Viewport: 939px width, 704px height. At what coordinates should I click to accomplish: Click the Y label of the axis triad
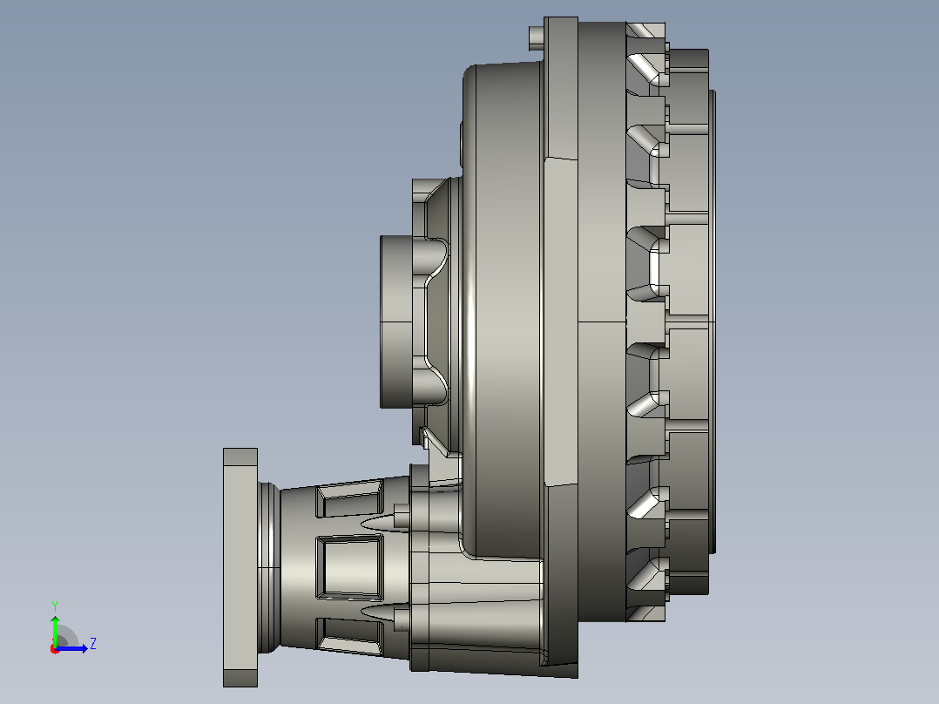pos(55,606)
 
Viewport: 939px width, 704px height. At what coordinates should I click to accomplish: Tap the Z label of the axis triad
pos(93,644)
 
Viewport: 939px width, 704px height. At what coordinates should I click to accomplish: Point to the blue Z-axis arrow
pos(71,648)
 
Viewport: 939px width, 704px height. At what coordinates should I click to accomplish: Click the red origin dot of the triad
pos(55,649)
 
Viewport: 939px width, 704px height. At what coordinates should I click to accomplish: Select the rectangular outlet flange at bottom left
pos(240,567)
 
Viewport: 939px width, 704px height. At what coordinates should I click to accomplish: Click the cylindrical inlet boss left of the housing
pos(396,322)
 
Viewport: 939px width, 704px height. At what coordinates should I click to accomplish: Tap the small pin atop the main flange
pos(537,37)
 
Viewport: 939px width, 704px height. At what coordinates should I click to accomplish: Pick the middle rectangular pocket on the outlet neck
pos(349,567)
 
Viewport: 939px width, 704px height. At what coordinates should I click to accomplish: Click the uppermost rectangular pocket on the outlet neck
pos(350,498)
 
